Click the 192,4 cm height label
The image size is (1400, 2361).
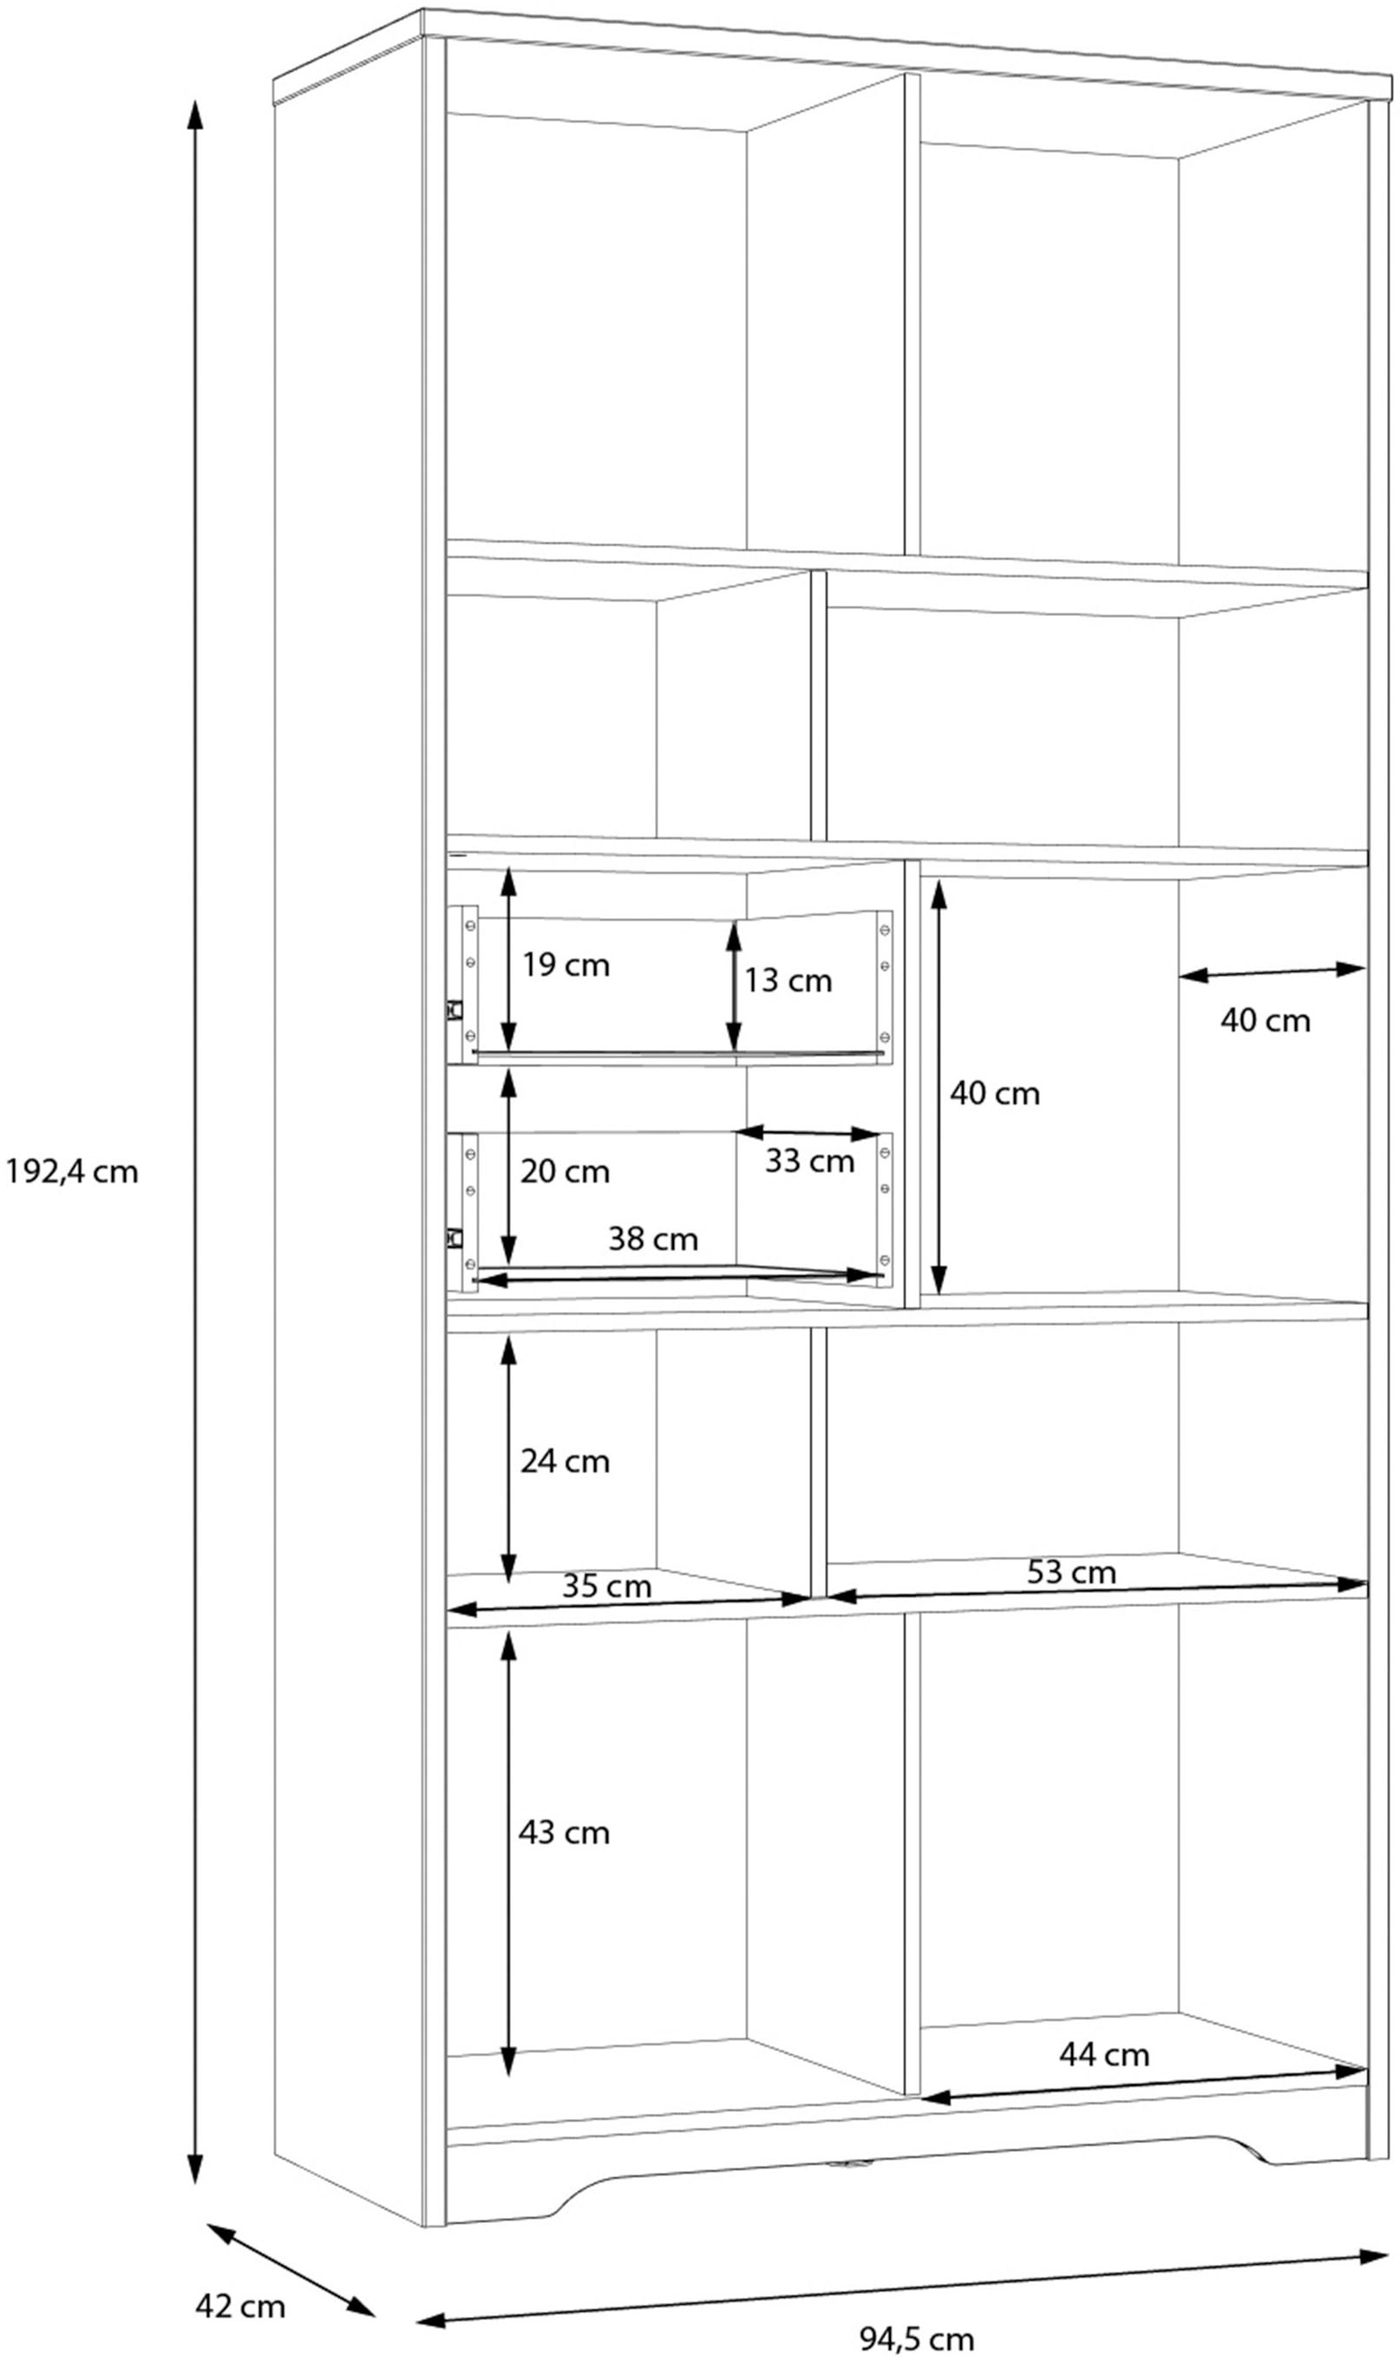pos(72,1173)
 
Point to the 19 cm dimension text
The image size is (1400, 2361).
pos(566,966)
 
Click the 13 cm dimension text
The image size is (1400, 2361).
pos(788,981)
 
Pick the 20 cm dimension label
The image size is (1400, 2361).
pos(565,1172)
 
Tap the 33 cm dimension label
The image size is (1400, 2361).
pos(809,1162)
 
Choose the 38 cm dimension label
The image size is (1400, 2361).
pos(653,1239)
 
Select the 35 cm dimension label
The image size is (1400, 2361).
pos(606,1586)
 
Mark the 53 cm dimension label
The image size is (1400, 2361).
pos(1070,1572)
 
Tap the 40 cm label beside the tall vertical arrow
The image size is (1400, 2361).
pos(994,1095)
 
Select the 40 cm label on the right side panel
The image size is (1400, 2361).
pos(1265,1021)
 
